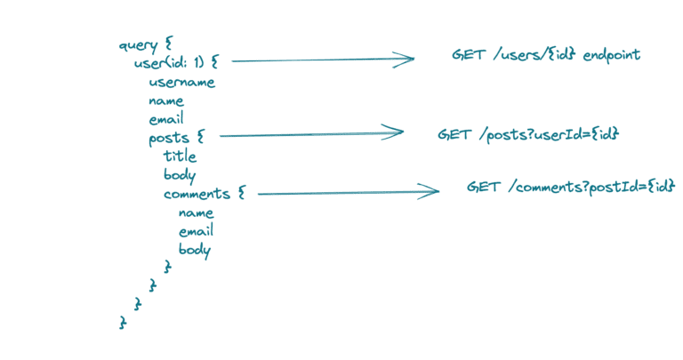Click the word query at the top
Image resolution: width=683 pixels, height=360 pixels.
(138, 44)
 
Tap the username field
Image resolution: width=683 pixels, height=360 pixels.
(181, 82)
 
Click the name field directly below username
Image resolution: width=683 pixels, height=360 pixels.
(166, 100)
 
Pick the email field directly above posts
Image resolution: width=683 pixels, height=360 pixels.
(166, 119)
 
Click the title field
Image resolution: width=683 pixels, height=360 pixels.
(180, 156)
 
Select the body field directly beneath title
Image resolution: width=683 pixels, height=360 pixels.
(180, 175)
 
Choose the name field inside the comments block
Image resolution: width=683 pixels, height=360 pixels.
(196, 212)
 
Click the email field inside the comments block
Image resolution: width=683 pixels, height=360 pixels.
(196, 231)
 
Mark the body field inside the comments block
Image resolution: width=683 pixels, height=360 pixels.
(195, 250)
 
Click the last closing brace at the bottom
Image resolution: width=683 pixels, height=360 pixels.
(123, 323)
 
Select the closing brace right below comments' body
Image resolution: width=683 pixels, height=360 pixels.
(167, 268)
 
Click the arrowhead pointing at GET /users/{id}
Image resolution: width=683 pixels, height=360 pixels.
(407, 60)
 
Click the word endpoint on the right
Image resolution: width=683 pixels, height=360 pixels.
(612, 55)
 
